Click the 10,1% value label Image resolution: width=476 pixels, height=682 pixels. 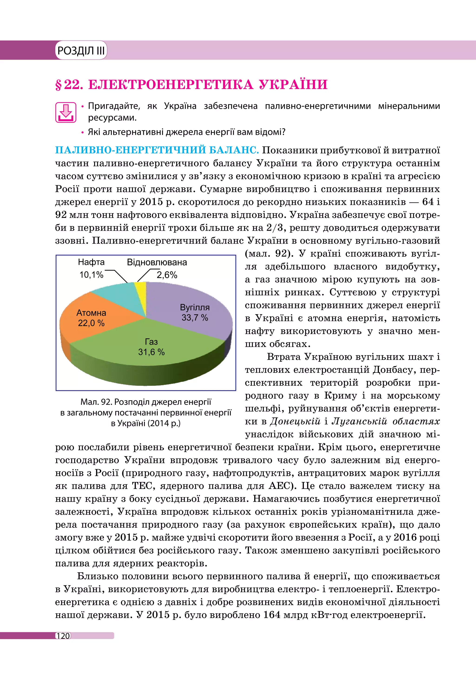[x=91, y=275]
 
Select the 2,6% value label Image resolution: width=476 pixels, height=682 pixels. [x=167, y=275]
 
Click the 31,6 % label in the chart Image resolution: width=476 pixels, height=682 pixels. [x=151, y=352]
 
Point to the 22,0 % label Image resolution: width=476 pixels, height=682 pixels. [x=91, y=323]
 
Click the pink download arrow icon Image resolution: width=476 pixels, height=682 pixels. [x=66, y=113]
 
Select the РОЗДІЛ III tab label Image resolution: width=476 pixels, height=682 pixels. [x=81, y=50]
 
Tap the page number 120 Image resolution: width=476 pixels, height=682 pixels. [x=63, y=636]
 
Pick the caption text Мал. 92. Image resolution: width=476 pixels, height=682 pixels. [x=96, y=402]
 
